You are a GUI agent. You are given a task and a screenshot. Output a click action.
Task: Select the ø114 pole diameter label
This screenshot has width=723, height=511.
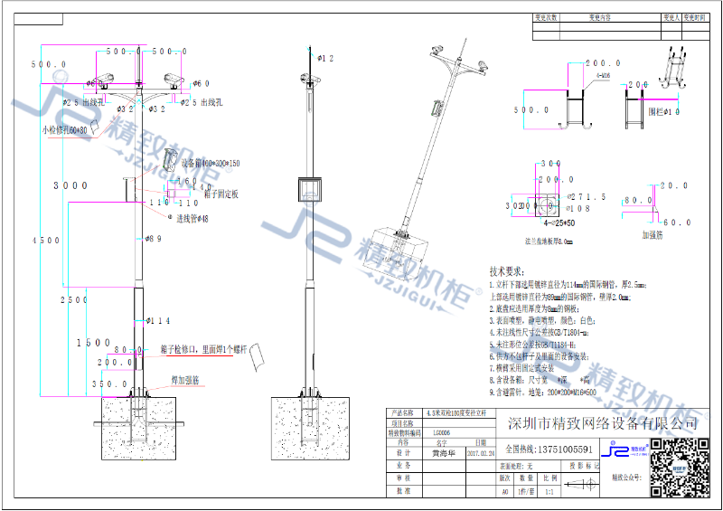tap(159, 321)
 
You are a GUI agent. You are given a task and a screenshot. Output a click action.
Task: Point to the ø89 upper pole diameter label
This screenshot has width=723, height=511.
tap(153, 239)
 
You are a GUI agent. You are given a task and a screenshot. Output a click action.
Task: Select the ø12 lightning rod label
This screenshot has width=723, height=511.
tap(325, 58)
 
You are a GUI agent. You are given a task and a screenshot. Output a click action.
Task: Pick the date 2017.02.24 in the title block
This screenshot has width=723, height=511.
tap(479, 455)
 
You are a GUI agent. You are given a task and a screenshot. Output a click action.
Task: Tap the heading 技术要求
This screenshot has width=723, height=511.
tap(506, 270)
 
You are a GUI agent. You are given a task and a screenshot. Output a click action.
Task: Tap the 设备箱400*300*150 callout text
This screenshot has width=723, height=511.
tap(211, 164)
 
